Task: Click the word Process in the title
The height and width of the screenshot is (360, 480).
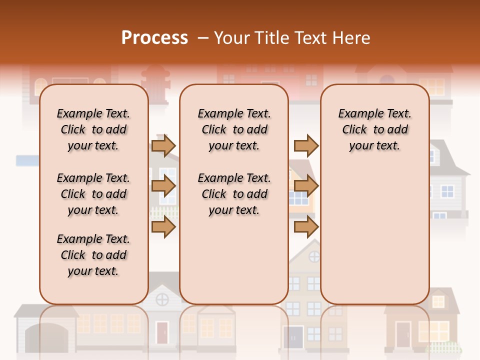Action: point(154,38)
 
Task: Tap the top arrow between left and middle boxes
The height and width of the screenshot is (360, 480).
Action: point(163,145)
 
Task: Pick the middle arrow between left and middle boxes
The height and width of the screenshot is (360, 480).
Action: point(163,186)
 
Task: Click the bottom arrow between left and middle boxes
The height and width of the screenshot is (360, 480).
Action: point(163,227)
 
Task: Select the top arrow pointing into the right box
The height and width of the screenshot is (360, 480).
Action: point(306,145)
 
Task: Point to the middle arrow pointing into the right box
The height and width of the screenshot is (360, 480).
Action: point(306,186)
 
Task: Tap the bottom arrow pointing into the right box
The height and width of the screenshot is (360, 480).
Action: point(306,227)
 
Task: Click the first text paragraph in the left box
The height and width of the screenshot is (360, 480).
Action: point(93,129)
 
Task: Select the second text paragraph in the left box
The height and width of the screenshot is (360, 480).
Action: point(93,194)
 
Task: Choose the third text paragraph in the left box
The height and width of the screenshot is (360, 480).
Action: point(93,255)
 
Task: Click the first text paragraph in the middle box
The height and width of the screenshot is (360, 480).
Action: point(234,129)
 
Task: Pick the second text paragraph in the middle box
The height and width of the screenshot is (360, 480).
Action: point(234,194)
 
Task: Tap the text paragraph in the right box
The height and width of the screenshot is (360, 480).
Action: point(374,129)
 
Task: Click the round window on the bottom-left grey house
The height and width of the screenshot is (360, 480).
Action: point(162,299)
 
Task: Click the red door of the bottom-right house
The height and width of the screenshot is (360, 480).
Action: point(403,333)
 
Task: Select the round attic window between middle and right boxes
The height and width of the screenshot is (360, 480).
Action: point(314,257)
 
